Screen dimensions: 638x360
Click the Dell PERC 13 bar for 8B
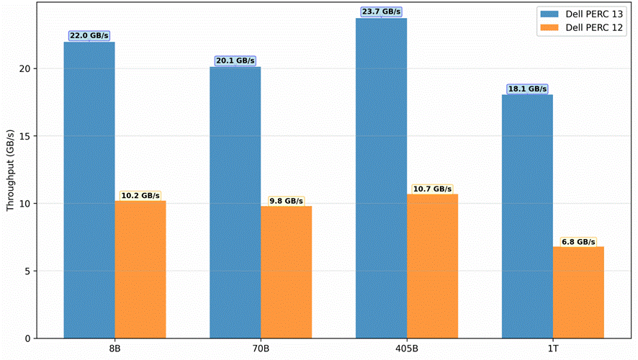point(89,190)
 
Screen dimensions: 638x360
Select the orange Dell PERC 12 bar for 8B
point(140,270)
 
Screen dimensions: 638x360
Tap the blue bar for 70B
point(235,202)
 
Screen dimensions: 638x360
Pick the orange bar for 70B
point(287,272)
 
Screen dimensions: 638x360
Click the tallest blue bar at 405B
point(381,178)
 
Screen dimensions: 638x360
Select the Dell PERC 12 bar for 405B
point(433,266)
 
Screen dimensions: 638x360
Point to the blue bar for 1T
point(527,217)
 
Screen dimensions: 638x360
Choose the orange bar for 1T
point(579,292)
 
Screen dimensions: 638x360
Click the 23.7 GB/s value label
point(381,12)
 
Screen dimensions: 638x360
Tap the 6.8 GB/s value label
point(579,242)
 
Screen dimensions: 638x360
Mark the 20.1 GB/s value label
point(235,60)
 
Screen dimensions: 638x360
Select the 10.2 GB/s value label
point(140,196)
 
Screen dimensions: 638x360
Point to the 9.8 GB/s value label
point(287,201)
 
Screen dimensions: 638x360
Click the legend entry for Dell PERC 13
point(581,14)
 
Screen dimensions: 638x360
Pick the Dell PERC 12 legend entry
point(581,27)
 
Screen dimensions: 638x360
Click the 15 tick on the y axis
point(25,136)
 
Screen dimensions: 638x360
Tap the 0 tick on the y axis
point(27,339)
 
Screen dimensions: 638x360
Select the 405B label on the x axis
point(406,349)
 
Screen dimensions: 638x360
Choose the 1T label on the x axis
point(552,349)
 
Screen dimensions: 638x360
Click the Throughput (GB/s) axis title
point(10,171)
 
